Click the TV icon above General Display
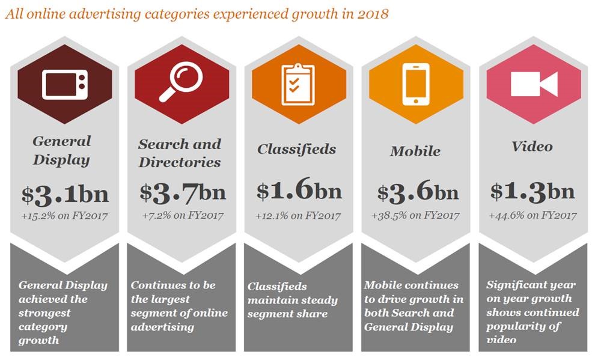(x=64, y=84)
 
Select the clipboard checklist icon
(x=298, y=84)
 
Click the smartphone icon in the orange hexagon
(x=415, y=84)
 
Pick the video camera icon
(x=534, y=84)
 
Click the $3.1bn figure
(x=65, y=194)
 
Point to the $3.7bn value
(x=183, y=192)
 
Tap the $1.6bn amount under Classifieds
(x=299, y=191)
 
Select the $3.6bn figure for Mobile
(x=417, y=192)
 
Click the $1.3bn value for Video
(x=532, y=191)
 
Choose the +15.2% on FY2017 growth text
(x=66, y=216)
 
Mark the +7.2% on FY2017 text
(x=182, y=215)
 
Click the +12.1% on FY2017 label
(x=299, y=215)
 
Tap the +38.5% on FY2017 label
(x=416, y=215)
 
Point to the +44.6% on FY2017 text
(x=533, y=215)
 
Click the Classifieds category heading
(x=296, y=148)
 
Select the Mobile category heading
(x=415, y=151)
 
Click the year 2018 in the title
(x=373, y=13)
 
